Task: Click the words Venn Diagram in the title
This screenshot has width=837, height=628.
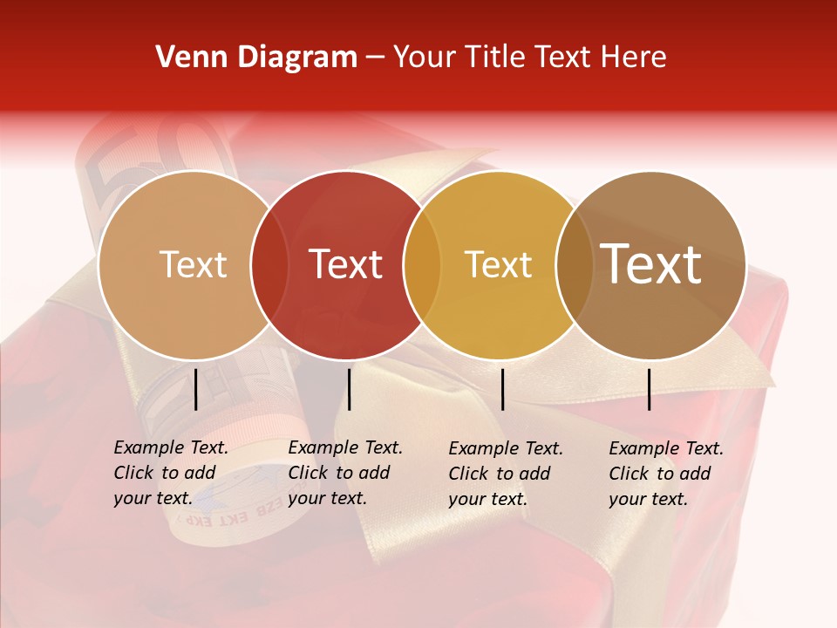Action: [256, 58]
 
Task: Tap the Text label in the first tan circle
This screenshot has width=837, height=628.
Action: [194, 264]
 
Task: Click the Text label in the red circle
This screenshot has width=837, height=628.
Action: [345, 264]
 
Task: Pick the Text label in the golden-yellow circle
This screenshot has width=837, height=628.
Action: [498, 264]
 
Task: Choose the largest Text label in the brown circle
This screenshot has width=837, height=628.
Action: [651, 263]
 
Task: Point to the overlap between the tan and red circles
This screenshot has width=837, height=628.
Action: [269, 264]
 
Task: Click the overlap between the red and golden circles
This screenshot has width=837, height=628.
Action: [422, 264]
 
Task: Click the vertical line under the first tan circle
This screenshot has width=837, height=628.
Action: [195, 389]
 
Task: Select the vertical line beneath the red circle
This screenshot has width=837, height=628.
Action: [349, 389]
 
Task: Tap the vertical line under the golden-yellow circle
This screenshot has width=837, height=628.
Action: [502, 389]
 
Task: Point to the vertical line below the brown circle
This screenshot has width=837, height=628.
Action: [649, 389]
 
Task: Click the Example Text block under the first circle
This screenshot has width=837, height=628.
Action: [171, 473]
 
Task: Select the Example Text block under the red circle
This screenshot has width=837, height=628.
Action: [345, 473]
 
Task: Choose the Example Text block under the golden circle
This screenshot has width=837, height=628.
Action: [506, 474]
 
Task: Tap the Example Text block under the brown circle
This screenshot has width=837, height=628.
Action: [666, 474]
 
